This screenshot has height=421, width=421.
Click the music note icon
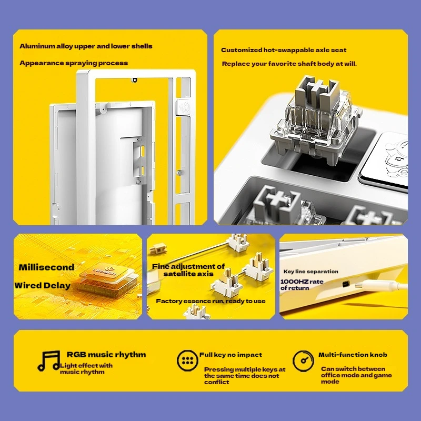point(48,361)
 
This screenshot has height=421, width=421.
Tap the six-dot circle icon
point(187,360)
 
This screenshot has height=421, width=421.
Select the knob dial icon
point(303,360)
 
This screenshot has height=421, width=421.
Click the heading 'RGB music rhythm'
point(106,354)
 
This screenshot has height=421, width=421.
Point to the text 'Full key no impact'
point(230,355)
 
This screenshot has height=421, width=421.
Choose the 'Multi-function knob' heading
point(353,355)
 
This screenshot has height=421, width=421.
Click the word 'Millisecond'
point(46,267)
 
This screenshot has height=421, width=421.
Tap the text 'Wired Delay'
point(43,285)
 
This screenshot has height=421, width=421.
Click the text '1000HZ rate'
point(302,282)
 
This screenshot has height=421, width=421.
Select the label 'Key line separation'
point(311,272)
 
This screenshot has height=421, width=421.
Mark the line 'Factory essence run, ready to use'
point(210,301)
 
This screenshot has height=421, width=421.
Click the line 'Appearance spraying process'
point(74,63)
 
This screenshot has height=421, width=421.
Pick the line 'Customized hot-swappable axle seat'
point(284,50)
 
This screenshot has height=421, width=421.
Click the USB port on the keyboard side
point(346,284)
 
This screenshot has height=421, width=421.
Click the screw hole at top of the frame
point(135,80)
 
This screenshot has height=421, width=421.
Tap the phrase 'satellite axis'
point(188,274)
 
